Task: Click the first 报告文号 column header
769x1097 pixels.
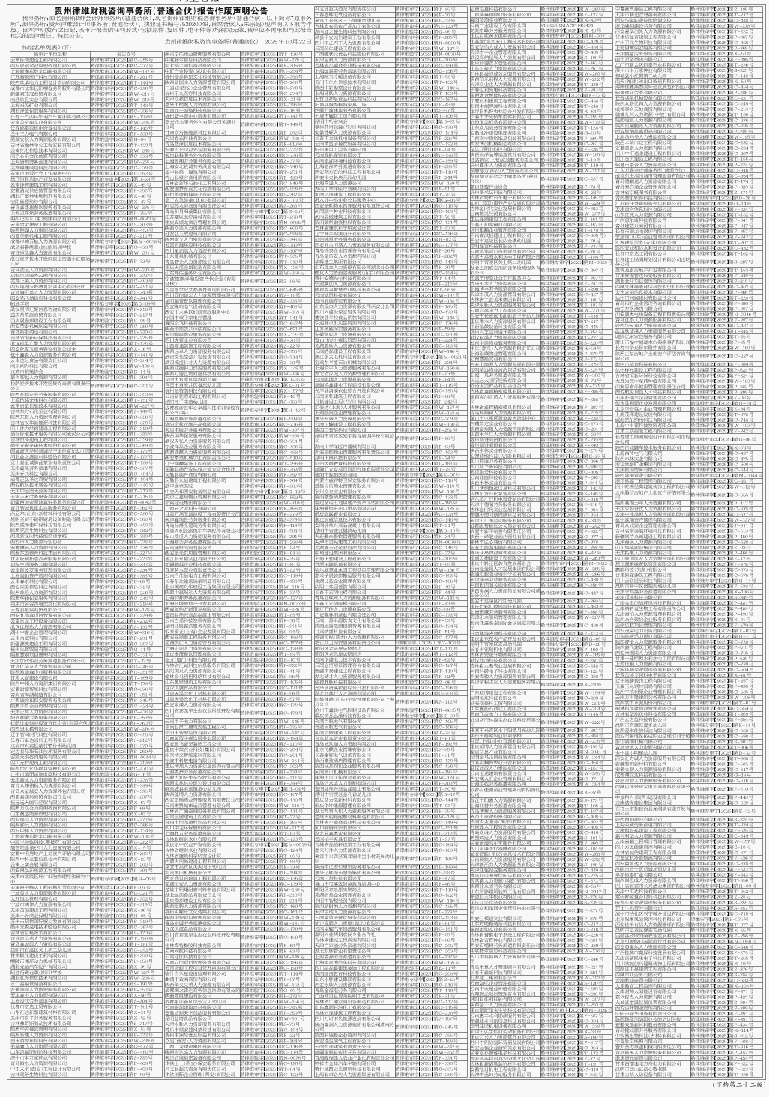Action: (x=126, y=53)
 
